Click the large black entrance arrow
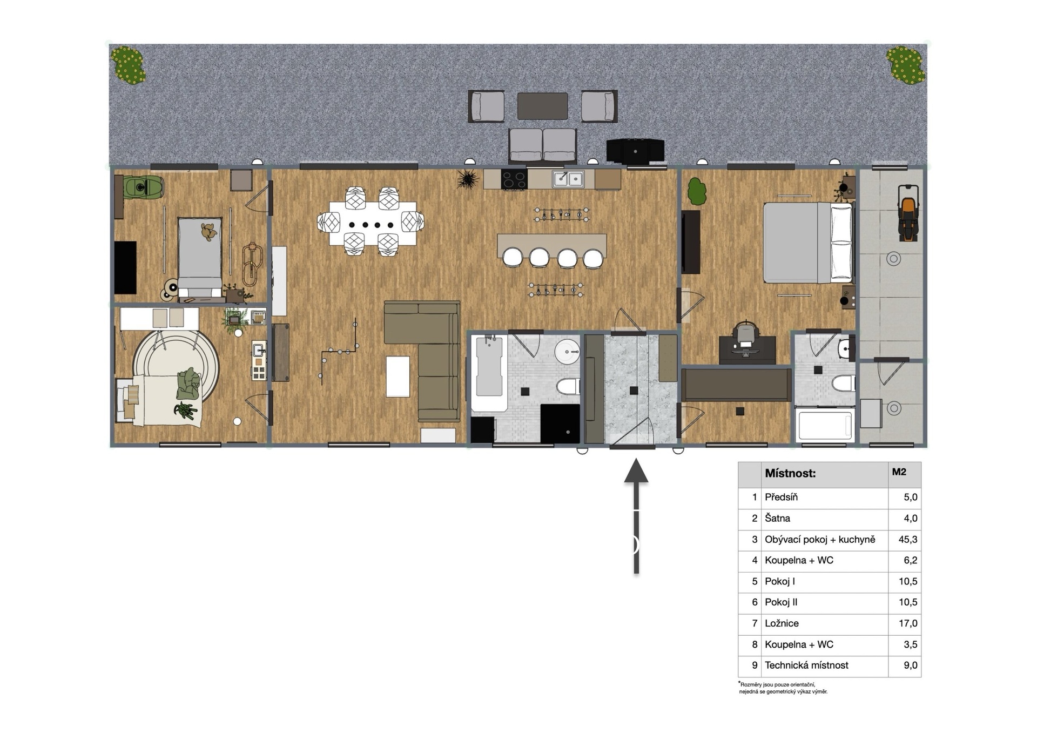click(x=636, y=516)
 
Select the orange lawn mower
click(x=908, y=213)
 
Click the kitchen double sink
click(x=568, y=179)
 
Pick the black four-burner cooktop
click(x=514, y=179)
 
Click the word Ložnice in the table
click(x=781, y=623)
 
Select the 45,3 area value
click(x=908, y=539)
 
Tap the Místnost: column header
click(x=790, y=474)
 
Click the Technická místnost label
click(x=806, y=665)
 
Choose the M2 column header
click(x=899, y=472)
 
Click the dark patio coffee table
click(x=542, y=106)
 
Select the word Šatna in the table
click(x=777, y=518)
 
